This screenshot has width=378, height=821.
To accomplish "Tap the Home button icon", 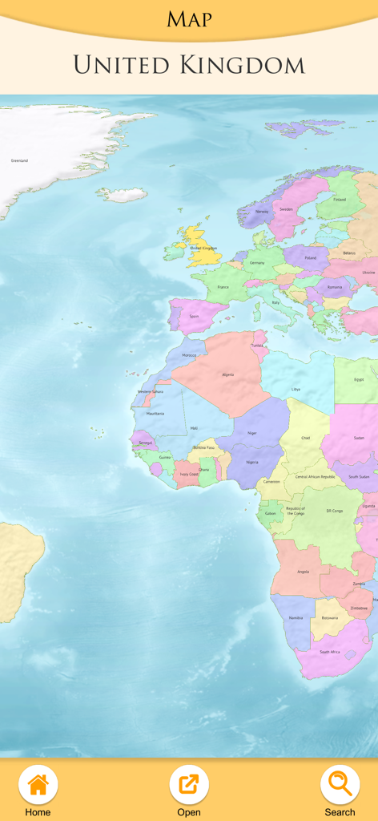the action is (38, 785).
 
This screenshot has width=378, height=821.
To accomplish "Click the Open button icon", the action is (189, 785).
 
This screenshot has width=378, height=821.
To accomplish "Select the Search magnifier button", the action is (340, 785).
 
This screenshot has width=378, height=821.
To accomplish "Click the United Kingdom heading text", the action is (189, 65).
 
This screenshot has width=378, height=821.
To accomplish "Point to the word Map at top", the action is (189, 19).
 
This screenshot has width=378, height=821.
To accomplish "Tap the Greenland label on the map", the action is (19, 160).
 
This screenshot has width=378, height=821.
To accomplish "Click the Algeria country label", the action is (227, 374).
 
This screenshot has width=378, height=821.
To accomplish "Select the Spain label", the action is (194, 316).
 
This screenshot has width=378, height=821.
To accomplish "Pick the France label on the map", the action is (223, 286).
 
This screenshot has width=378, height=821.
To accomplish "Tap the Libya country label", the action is (296, 389).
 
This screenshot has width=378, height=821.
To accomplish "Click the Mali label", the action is (194, 428).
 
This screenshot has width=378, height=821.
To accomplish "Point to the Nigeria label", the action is (252, 462).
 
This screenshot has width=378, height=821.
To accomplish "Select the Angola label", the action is (303, 572).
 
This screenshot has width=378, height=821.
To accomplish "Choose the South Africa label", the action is (329, 652).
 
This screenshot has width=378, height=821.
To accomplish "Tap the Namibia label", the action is (296, 618).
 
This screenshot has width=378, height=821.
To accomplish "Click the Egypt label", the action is (359, 379).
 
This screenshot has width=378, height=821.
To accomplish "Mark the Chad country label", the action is (305, 438).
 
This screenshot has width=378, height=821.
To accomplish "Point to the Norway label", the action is (261, 212).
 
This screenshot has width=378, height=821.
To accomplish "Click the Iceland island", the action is (122, 194).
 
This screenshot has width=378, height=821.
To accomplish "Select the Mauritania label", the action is (155, 413).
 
